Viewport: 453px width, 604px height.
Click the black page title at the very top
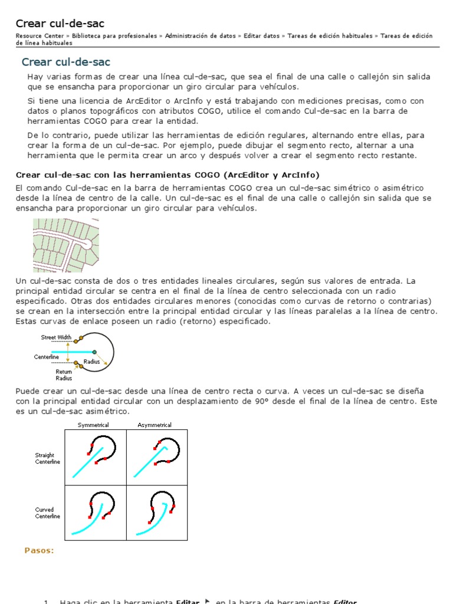click(60, 24)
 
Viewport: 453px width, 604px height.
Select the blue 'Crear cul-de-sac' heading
click(66, 62)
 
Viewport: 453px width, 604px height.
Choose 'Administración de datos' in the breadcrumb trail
click(201, 36)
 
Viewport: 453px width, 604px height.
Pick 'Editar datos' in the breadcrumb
click(262, 36)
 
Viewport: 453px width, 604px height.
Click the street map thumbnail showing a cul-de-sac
click(65, 245)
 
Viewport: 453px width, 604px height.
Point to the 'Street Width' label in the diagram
click(56, 337)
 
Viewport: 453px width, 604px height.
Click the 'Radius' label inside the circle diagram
click(91, 361)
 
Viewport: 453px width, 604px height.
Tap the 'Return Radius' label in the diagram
click(64, 375)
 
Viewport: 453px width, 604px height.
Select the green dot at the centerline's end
click(94, 352)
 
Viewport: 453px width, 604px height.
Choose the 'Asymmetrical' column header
click(155, 425)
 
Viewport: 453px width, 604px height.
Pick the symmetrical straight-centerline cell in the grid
click(96, 457)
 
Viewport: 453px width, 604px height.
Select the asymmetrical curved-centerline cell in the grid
click(157, 513)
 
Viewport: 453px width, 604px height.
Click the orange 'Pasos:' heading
click(39, 550)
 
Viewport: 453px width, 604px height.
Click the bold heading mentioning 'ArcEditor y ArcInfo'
click(168, 175)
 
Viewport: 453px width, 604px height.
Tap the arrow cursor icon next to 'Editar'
click(207, 600)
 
